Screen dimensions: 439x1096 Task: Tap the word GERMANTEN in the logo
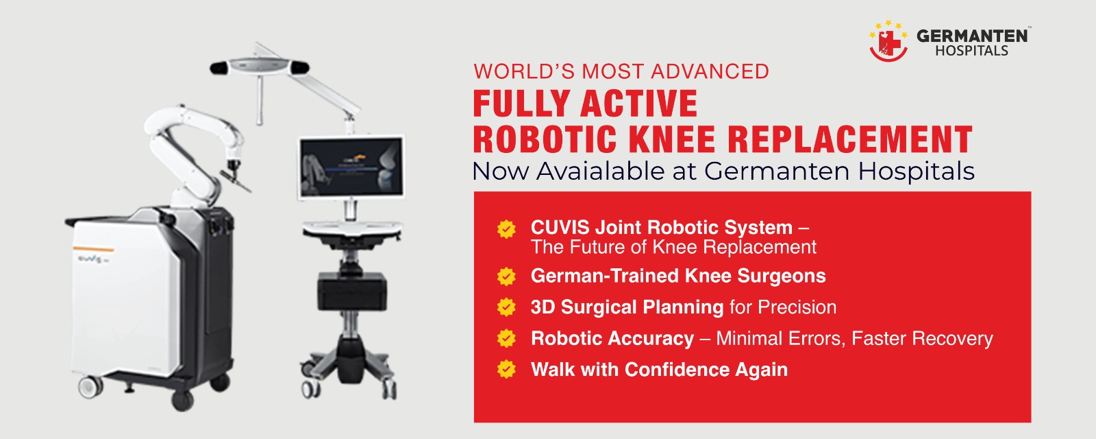point(972,36)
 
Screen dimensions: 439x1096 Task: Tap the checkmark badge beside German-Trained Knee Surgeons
point(506,276)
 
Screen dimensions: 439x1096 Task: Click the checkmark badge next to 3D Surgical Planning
point(506,307)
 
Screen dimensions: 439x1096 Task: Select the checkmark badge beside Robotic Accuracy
point(506,338)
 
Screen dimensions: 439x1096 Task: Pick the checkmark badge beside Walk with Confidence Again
point(506,369)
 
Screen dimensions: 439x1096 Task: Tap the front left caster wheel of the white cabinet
point(90,387)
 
